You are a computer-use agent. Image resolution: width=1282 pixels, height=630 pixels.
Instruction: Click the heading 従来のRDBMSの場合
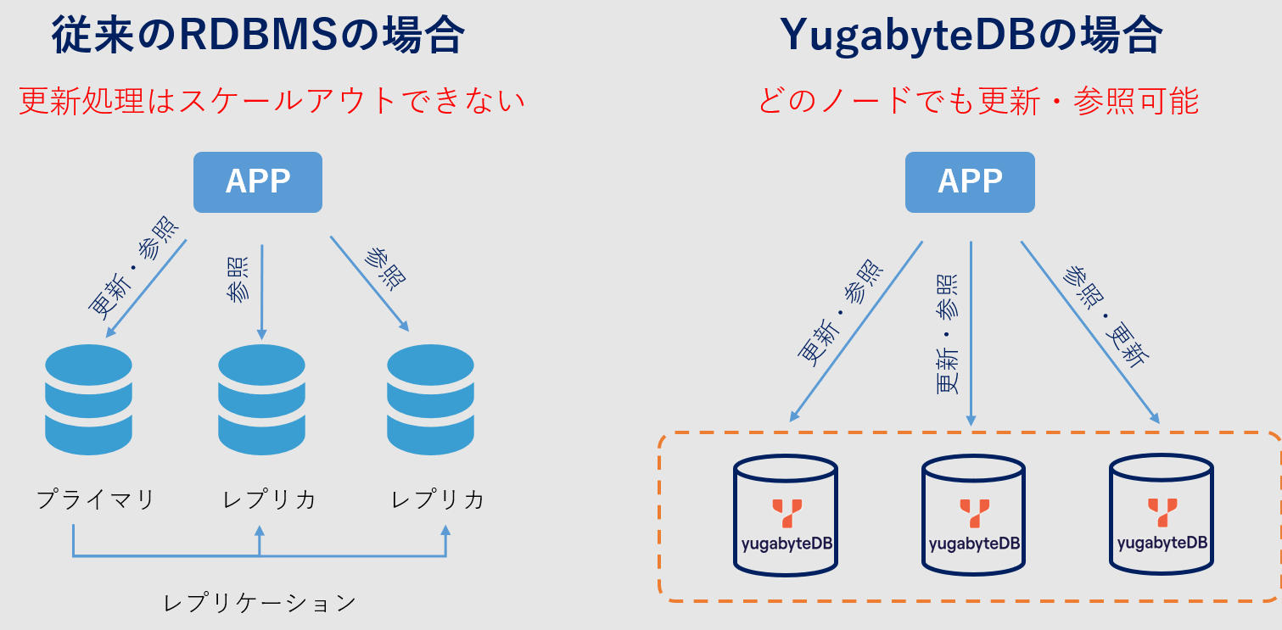pyautogui.click(x=258, y=36)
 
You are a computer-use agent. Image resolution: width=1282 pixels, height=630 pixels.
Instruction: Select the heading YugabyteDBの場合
pyautogui.click(x=971, y=36)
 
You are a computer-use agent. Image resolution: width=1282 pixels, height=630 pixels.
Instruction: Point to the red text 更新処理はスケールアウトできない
pyautogui.click(x=272, y=102)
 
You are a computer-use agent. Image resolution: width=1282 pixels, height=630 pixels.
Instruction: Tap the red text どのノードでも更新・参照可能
pyautogui.click(x=978, y=102)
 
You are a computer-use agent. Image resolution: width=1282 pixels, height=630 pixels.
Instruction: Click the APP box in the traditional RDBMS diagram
pyautogui.click(x=258, y=181)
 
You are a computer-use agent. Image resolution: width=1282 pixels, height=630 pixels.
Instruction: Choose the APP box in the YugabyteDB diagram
pyautogui.click(x=970, y=181)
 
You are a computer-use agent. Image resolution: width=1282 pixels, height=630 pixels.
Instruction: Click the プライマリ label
pyautogui.click(x=96, y=499)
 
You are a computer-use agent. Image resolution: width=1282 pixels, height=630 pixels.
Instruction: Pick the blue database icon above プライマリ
pyautogui.click(x=89, y=399)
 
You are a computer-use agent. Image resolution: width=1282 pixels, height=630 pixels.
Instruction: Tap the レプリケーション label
pyautogui.click(x=260, y=603)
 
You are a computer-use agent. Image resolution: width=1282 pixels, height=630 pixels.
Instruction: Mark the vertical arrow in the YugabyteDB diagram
pyautogui.click(x=971, y=331)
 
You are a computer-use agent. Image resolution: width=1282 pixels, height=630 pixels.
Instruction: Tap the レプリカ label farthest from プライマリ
pyautogui.click(x=438, y=499)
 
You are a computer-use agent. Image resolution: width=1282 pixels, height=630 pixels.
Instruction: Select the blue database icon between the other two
pyautogui.click(x=260, y=399)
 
